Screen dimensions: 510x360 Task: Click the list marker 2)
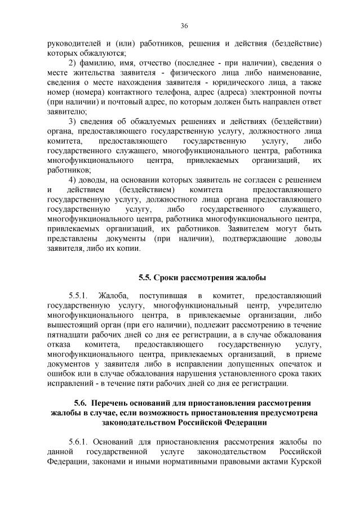tap(74, 63)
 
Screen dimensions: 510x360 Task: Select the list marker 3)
tap(74, 121)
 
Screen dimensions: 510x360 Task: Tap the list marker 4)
tap(74, 180)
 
